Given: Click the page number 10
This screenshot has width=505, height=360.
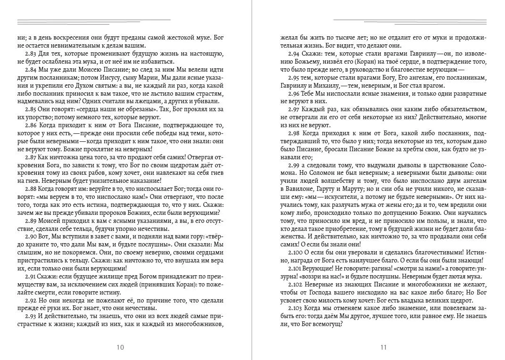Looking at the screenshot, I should tap(120, 347).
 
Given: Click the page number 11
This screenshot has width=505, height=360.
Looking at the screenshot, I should tap(383, 347).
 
